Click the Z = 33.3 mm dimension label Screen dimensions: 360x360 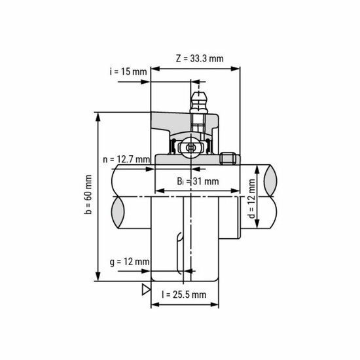pos(200,58)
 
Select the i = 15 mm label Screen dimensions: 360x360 pos(128,71)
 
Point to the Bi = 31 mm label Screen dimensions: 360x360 pos(197,181)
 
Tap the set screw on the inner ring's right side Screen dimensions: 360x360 pos(228,158)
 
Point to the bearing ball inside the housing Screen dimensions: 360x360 pos(190,147)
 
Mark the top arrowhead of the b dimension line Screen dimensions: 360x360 pos(98,116)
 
